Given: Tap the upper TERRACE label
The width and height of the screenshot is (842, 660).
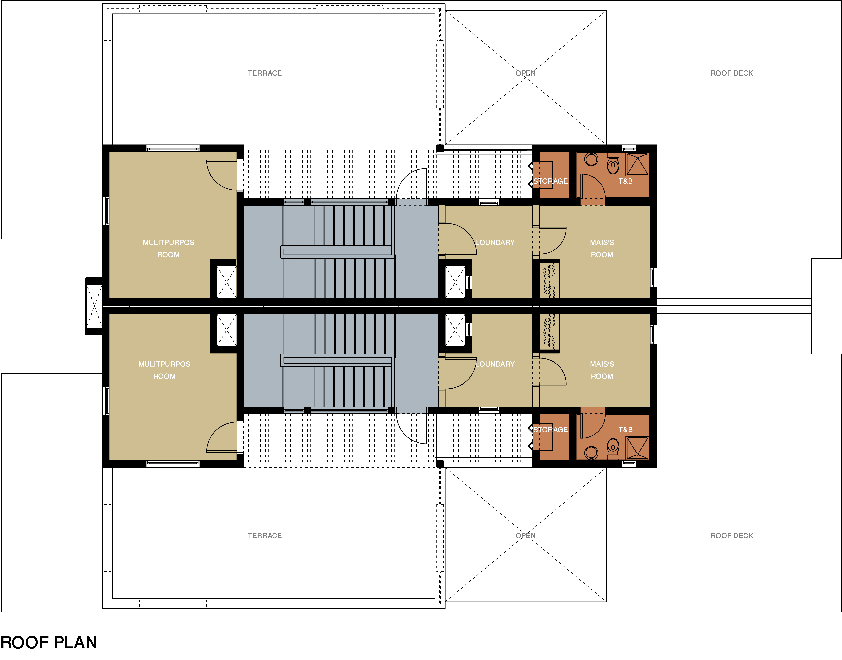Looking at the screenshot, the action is [x=265, y=73].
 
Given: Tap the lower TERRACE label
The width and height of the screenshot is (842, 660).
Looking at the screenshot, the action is [x=265, y=536].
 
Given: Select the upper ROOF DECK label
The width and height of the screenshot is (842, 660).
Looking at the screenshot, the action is [x=732, y=73].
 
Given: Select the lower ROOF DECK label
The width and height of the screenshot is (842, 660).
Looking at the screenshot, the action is [x=732, y=536].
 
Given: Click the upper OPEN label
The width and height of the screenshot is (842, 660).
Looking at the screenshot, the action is [x=526, y=73].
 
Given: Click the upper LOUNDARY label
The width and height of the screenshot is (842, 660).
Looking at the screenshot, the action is [x=495, y=242].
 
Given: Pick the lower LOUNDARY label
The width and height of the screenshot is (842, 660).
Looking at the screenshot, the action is [x=495, y=364].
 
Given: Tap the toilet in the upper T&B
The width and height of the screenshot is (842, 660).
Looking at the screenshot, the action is [x=613, y=163].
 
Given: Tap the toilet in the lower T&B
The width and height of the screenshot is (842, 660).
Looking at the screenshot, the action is [x=613, y=449].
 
